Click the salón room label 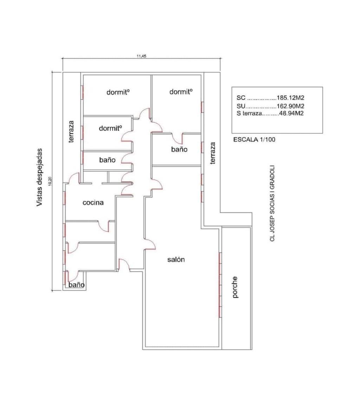click(x=176, y=259)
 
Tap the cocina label click(x=93, y=203)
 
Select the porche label click(x=235, y=287)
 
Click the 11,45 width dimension click(x=141, y=56)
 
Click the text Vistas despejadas click(x=39, y=177)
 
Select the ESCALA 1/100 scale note click(x=254, y=139)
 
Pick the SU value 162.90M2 click(x=290, y=106)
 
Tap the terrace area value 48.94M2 click(x=291, y=113)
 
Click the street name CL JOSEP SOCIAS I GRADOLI click(x=272, y=203)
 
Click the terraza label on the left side click(x=71, y=132)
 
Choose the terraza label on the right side click(x=213, y=153)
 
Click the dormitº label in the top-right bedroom click(x=181, y=92)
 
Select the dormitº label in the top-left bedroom click(x=118, y=92)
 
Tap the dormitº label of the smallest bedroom click(x=110, y=128)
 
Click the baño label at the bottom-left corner click(x=76, y=285)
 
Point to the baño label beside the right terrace click(x=179, y=150)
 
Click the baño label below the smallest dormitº click(x=107, y=160)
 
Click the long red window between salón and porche click(x=220, y=285)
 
